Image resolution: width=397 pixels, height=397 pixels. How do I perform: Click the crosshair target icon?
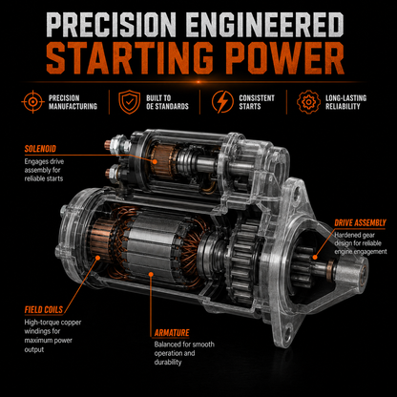(32, 102)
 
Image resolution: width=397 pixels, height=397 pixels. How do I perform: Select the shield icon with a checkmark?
(129, 102)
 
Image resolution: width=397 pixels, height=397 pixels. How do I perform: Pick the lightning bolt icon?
(222, 102)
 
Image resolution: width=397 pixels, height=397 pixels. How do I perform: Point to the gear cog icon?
(308, 102)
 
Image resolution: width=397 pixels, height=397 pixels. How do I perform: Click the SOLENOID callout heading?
(40, 149)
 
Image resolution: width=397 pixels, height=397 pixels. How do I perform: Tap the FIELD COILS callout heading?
(44, 309)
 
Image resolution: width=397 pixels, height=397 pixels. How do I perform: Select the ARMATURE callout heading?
(172, 333)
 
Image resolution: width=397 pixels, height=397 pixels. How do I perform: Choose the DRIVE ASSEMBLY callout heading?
(360, 223)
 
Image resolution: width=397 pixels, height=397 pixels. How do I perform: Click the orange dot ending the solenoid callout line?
(155, 161)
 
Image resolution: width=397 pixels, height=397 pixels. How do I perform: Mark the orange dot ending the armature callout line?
(151, 274)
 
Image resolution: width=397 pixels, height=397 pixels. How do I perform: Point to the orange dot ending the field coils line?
(97, 258)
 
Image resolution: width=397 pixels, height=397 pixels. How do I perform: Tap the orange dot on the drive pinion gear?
(315, 258)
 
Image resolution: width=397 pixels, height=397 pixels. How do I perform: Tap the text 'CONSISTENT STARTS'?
(257, 102)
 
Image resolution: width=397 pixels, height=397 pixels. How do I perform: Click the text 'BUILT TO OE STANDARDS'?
(167, 102)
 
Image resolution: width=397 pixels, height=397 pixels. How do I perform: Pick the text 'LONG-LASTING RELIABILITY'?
(346, 102)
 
